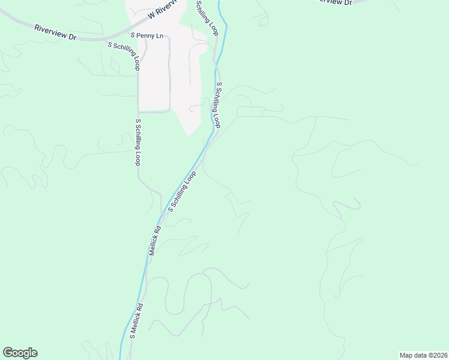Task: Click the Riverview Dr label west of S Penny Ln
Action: point(56,32)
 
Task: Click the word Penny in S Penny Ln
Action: point(146,36)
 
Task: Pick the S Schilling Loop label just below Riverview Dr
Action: point(124,56)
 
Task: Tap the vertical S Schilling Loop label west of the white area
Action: point(137,142)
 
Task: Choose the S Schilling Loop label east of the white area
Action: point(218,105)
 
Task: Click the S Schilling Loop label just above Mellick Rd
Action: point(182,192)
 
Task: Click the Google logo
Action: point(20,353)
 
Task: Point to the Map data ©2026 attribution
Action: point(423,355)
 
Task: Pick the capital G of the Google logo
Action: point(7,353)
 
